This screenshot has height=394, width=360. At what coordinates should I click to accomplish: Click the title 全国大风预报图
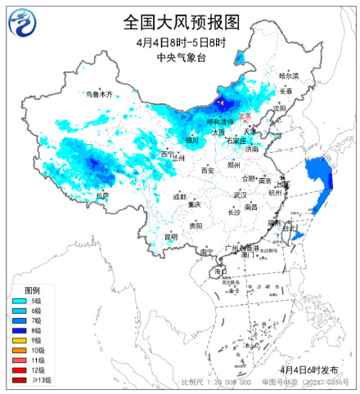tap(182, 20)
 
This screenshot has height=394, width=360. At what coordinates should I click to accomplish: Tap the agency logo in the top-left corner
tap(23, 22)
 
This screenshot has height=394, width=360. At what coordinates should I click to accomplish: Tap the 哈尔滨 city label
tap(289, 75)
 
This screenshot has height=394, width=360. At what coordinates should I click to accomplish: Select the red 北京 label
tap(245, 117)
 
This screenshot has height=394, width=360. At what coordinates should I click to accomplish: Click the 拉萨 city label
tap(101, 195)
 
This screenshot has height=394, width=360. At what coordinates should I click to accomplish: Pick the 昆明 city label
tap(170, 236)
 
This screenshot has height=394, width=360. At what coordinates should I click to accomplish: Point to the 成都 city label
tap(179, 196)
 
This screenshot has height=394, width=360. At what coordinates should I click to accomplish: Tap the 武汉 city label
tap(240, 195)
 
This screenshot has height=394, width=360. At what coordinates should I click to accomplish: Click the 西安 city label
tap(207, 170)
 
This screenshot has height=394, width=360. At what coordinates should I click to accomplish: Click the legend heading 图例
tap(32, 290)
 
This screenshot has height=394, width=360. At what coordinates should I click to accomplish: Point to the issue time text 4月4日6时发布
tap(309, 370)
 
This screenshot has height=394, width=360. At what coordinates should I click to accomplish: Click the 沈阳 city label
tap(280, 107)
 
